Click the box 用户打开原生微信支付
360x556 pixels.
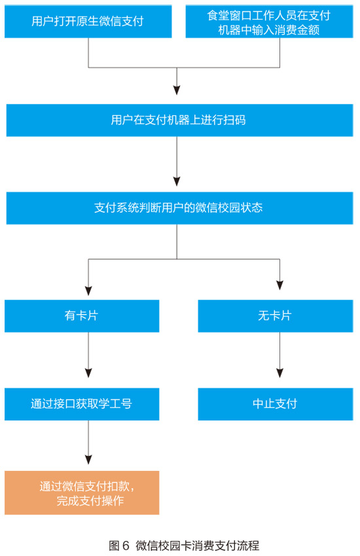pos(88,21)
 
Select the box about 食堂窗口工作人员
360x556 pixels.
pos(269,21)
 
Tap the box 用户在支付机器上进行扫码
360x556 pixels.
pos(179,120)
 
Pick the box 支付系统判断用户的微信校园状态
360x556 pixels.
pos(179,208)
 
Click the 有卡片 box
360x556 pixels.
pos(82,316)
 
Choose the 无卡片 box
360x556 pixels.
pos(276,316)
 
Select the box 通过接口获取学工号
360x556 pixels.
pos(82,404)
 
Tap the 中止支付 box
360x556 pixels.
pos(276,404)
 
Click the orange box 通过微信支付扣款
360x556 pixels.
pos(82,493)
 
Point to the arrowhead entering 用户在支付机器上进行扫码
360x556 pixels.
pos(177,90)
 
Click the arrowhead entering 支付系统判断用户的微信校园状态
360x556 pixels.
pos(177,181)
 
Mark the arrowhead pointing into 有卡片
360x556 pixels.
pos(88,291)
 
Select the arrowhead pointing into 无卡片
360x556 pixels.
pos(280,286)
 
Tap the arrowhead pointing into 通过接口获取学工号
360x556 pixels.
pos(88,373)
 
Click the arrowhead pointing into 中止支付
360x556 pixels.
pos(280,373)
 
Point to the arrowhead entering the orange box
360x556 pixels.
pos(88,460)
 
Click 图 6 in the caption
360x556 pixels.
pos(119,546)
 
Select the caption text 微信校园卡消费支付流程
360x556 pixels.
pos(198,546)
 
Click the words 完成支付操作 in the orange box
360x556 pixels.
pos(90,501)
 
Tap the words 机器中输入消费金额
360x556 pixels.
pos(269,30)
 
